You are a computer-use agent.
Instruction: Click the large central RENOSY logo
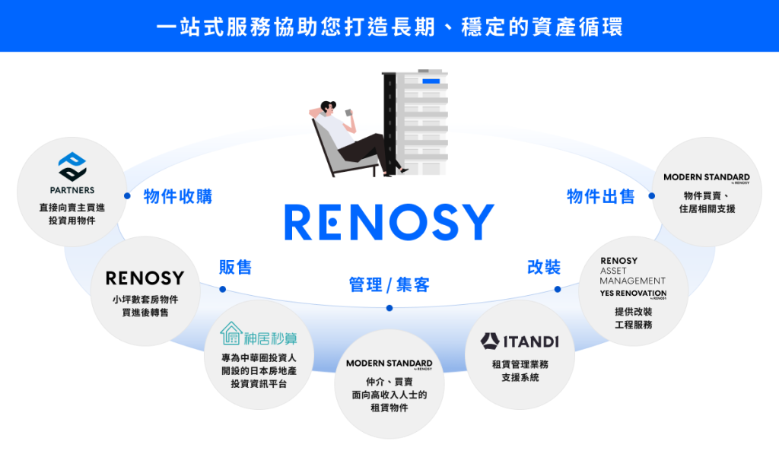point(389,222)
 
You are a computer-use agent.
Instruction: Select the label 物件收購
point(177,196)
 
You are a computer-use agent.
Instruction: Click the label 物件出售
point(600,196)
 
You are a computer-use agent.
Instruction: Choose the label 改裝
point(543,267)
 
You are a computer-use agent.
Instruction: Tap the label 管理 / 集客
point(389,285)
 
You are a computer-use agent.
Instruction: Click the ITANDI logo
point(520,341)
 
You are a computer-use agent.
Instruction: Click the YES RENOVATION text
point(632,294)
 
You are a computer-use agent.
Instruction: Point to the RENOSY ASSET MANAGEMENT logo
point(632,270)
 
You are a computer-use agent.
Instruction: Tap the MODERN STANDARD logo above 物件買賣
point(706,178)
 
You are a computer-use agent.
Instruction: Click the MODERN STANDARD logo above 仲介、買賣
point(389,364)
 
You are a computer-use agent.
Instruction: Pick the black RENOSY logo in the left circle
point(145,278)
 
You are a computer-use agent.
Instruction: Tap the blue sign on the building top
point(431,80)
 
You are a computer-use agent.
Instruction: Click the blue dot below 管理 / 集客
point(389,308)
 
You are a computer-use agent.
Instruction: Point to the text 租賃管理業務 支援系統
point(520,371)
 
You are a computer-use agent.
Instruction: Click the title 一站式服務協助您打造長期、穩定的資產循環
point(389,27)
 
